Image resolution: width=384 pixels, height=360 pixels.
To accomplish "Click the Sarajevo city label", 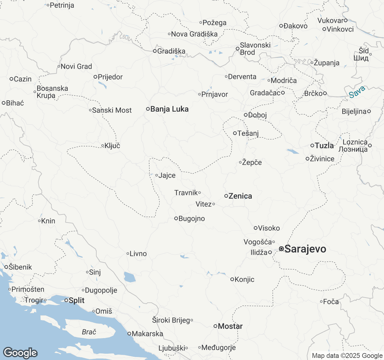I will (x=305, y=249).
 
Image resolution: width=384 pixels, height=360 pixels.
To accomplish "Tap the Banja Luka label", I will (x=169, y=109).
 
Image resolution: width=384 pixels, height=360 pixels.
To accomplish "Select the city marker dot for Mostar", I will (x=215, y=326).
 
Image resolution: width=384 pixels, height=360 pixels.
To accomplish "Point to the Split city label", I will (x=76, y=300).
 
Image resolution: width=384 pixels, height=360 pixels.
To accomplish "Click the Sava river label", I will (x=357, y=92).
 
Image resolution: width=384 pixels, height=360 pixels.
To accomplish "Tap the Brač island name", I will (x=89, y=332).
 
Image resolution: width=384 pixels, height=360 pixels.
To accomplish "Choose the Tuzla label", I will (x=324, y=145).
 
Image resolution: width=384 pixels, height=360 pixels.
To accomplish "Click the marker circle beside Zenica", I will (x=226, y=196).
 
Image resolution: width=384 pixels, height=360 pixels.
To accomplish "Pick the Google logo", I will (x=20, y=353).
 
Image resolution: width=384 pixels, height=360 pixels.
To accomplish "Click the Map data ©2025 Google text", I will (x=347, y=356).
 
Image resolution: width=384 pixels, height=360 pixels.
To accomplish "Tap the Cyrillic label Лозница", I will (x=353, y=149).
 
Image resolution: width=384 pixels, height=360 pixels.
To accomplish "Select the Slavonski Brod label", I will (x=255, y=49).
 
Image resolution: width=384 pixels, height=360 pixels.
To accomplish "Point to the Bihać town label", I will (x=15, y=103).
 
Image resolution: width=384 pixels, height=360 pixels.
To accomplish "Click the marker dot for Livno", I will (x=128, y=254).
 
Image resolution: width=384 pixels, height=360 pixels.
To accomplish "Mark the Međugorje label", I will (x=218, y=348).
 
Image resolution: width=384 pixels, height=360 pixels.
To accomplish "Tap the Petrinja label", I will (x=62, y=5).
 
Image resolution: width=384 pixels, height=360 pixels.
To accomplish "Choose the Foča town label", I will (x=331, y=301).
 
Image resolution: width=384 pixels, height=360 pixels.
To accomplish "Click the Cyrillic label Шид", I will (x=361, y=58).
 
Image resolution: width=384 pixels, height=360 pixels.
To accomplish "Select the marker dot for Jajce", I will (x=157, y=175).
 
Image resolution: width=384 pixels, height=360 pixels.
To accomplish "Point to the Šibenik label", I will (x=20, y=267).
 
